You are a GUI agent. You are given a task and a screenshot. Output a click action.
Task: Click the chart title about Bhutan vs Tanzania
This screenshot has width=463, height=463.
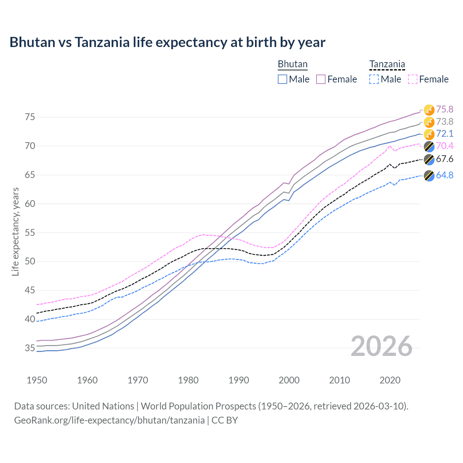click(167, 42)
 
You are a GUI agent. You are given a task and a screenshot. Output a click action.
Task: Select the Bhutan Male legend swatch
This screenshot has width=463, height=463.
click(283, 79)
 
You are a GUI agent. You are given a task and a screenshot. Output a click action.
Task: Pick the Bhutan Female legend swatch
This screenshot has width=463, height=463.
click(321, 79)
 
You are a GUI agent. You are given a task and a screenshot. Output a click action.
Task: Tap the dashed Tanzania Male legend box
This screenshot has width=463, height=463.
click(374, 79)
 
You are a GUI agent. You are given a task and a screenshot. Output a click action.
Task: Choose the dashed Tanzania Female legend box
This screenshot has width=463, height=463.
click(412, 79)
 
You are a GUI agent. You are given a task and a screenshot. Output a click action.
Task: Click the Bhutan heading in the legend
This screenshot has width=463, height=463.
click(292, 64)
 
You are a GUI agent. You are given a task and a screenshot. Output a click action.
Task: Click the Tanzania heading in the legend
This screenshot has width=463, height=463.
click(387, 64)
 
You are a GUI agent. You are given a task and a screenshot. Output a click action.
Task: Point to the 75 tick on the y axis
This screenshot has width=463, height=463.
click(30, 117)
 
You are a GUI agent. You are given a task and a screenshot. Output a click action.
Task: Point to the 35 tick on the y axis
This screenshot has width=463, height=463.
click(30, 348)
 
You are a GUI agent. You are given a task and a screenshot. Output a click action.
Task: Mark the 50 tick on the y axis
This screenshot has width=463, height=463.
click(30, 262)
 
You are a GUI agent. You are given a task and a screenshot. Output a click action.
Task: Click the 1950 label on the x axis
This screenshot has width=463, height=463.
click(37, 380)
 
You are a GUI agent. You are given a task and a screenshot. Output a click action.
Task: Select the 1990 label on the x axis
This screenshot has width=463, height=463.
click(239, 380)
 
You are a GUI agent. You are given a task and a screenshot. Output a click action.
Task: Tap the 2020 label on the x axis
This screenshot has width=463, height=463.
click(390, 380)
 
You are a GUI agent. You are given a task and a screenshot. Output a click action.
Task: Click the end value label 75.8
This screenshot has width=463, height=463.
click(445, 110)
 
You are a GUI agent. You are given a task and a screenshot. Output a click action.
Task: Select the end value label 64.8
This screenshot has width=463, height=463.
click(445, 175)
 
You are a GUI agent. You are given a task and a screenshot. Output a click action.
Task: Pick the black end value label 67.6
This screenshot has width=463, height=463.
click(445, 159)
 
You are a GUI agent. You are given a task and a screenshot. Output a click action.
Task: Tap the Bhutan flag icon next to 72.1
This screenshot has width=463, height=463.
click(429, 134)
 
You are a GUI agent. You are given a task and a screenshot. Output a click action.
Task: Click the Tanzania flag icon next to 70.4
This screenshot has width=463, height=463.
click(429, 146)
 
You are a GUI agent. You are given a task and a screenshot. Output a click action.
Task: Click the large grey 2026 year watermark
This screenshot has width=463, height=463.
click(381, 347)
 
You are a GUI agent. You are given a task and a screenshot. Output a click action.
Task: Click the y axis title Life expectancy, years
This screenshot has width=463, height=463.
click(16, 231)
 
